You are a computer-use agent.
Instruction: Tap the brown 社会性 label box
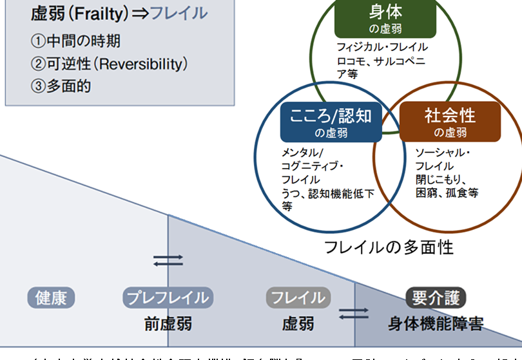tap(450, 122)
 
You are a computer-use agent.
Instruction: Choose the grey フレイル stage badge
tap(298, 298)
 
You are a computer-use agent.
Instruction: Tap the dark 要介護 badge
tap(436, 298)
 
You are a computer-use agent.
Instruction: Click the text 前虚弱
tap(168, 322)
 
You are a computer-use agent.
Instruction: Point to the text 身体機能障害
tap(436, 322)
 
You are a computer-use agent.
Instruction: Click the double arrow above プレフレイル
tap(168, 260)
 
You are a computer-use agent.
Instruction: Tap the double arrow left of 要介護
tap(354, 313)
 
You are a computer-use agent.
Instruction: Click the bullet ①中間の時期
tap(75, 41)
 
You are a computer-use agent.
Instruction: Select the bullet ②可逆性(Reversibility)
tap(109, 64)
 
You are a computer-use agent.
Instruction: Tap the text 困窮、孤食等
tap(447, 192)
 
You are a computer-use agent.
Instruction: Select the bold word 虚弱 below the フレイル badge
tap(298, 322)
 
